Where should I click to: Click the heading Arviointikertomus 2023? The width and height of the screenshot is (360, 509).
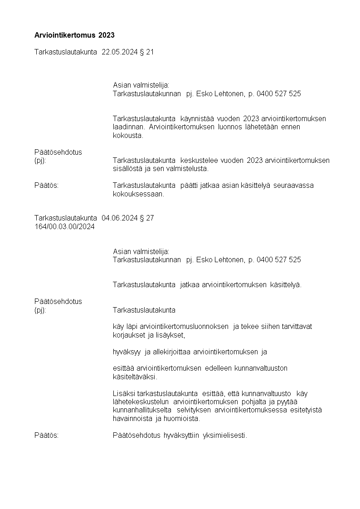(x=74, y=35)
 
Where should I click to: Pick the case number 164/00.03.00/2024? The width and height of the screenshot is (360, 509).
(x=64, y=227)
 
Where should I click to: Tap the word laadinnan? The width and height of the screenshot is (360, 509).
(x=128, y=127)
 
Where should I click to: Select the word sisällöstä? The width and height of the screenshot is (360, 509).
(x=127, y=169)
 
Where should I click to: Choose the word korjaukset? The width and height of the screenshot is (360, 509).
(x=128, y=335)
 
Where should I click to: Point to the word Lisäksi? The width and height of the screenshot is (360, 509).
(x=123, y=393)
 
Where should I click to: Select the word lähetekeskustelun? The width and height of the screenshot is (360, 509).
(x=141, y=402)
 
